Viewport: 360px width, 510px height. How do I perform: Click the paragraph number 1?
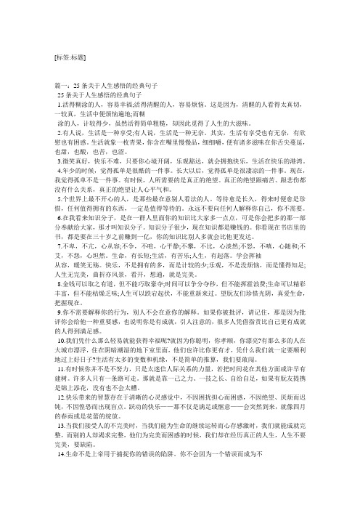point(59,105)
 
